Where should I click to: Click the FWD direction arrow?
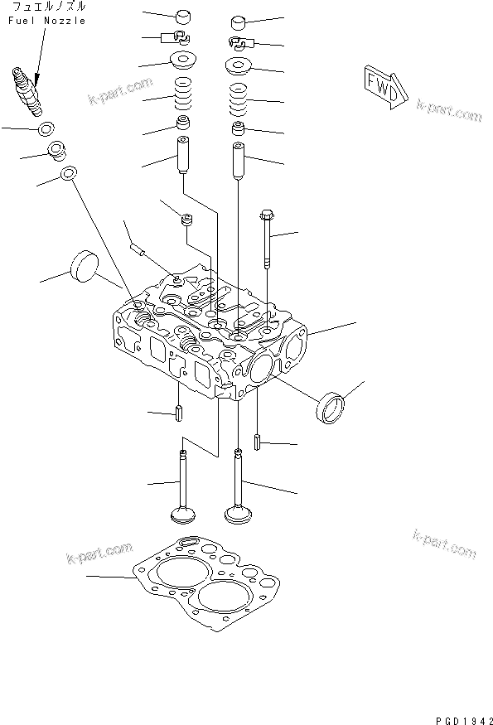[387, 87]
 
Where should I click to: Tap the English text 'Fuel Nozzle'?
[46, 21]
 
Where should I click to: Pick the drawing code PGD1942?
[464, 720]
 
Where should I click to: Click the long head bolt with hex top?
[268, 239]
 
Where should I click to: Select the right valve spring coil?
[238, 100]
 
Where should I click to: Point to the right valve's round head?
[238, 515]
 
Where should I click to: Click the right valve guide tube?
[238, 160]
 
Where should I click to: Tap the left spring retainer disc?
[183, 60]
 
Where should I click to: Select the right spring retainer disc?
[239, 65]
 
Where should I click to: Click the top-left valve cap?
[183, 17]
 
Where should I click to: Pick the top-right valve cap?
[238, 22]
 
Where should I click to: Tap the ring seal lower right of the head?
[331, 407]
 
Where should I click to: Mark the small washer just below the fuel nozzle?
[46, 128]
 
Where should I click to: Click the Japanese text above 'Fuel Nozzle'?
[49, 7]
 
